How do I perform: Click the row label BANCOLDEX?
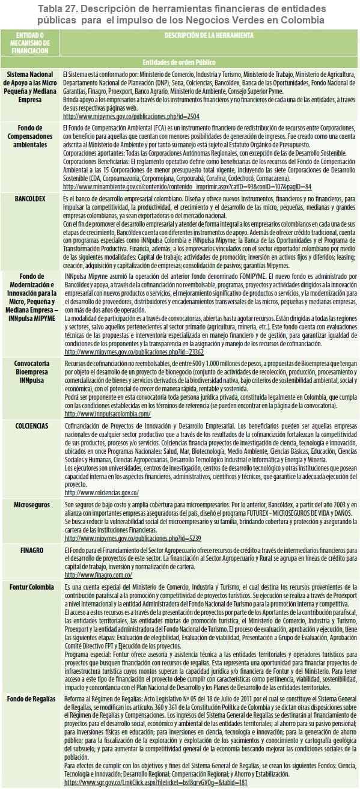[30, 198]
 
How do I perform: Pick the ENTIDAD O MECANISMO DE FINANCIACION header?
[30, 44]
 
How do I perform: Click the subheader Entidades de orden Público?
[180, 61]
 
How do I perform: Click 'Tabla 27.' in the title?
[62, 8]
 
